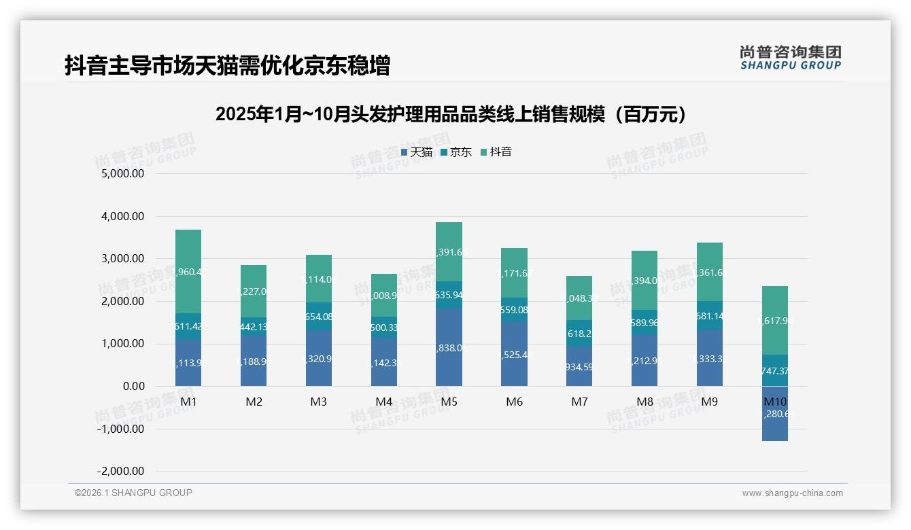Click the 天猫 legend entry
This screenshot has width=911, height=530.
click(417, 152)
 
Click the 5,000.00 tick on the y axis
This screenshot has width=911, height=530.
click(123, 174)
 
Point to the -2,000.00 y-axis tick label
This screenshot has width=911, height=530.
click(120, 472)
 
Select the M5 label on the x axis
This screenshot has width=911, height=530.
click(449, 402)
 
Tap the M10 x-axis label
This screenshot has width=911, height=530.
click(775, 402)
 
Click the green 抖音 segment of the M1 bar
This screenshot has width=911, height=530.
click(188, 271)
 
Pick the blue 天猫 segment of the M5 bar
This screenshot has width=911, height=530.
click(449, 347)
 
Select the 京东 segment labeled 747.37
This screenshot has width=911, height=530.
click(775, 370)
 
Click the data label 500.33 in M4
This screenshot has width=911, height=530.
click(383, 328)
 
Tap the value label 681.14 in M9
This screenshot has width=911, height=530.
click(710, 315)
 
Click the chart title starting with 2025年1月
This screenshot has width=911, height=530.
click(454, 114)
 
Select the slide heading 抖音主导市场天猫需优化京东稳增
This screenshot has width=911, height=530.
click(227, 66)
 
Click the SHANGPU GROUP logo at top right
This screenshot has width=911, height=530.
click(790, 58)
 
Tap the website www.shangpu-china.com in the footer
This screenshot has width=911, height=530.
click(792, 493)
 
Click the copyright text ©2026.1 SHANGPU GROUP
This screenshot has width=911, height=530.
click(133, 493)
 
